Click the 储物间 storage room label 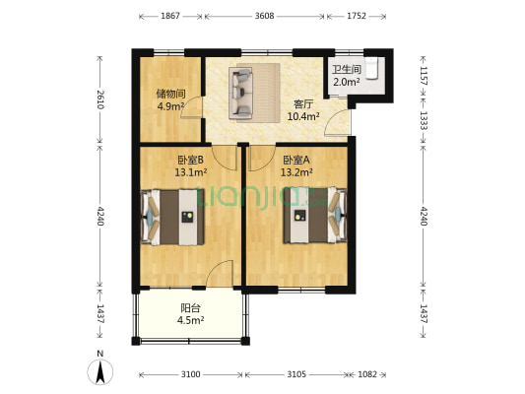pos(170,94)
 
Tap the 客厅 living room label pos(303,104)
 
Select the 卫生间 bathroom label pos(347,69)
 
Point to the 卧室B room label pos(190,160)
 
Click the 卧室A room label pos(296,160)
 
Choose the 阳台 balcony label pos(190,307)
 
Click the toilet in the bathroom pos(371,68)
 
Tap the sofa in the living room pos(240,93)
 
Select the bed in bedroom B pos(172,218)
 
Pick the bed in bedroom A pos(315,215)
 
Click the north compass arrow pos(100,372)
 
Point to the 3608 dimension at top pos(265,16)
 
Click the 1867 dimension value pos(170,16)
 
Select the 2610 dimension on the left pos(100,99)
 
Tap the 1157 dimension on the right pos(424,76)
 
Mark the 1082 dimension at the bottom pos(367,374)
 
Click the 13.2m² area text pos(296,172)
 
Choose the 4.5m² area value pos(191,320)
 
